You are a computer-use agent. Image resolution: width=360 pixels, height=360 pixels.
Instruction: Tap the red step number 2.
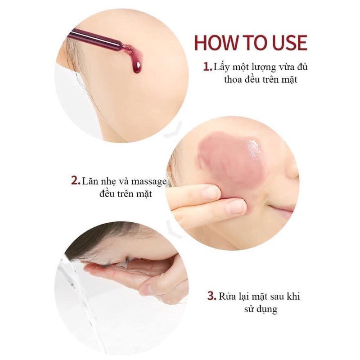click(x=76, y=181)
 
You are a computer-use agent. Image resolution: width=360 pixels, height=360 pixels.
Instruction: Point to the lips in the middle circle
click(x=283, y=211)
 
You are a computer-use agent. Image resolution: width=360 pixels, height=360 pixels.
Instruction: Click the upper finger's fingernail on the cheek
click(x=211, y=193)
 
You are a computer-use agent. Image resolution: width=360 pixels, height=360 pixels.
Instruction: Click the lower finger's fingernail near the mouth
click(x=237, y=207)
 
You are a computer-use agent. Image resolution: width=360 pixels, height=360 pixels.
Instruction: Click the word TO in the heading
click(x=253, y=42)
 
